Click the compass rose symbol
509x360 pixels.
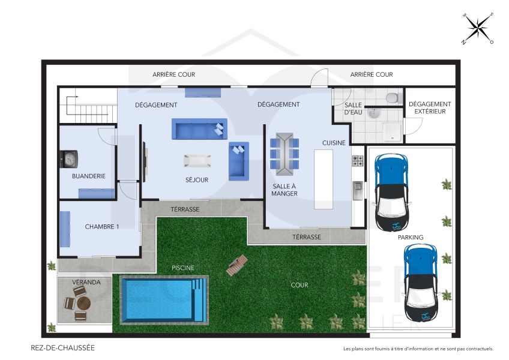[477, 28]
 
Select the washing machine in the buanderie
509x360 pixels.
[70, 159]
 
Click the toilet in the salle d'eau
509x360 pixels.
[392, 98]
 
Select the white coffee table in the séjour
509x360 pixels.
[197, 160]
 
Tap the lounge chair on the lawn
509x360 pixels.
[236, 265]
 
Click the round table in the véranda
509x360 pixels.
[83, 303]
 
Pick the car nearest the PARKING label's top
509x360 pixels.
[391, 193]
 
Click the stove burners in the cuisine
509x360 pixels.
[358, 161]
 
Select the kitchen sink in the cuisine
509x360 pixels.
[358, 190]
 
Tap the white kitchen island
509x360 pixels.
[324, 178]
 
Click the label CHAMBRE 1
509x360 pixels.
[102, 227]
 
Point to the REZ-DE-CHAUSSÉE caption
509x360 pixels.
[62, 347]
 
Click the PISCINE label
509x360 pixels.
[182, 268]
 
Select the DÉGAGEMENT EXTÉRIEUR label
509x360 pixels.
[429, 107]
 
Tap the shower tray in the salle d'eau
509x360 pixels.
[391, 131]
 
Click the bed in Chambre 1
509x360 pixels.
[64, 229]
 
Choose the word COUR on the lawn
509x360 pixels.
[299, 285]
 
